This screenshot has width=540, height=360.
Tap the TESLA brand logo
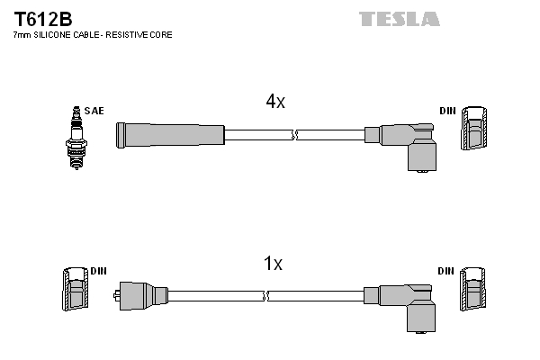pyautogui.click(x=399, y=18)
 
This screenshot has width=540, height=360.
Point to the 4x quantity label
pyautogui.click(x=274, y=102)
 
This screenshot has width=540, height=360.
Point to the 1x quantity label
pyautogui.click(x=272, y=264)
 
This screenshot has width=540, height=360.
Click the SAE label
pyautogui.click(x=94, y=111)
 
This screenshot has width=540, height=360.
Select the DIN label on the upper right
pyautogui.click(x=447, y=111)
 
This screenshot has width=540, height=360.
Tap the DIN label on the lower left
pyautogui.click(x=99, y=271)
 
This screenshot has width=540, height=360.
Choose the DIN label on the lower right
pyautogui.click(x=447, y=271)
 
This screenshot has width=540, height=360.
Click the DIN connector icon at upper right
pyautogui.click(x=474, y=130)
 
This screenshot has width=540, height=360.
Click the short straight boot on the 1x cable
pyautogui.click(x=144, y=294)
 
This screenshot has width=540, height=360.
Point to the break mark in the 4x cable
pyautogui.click(x=294, y=135)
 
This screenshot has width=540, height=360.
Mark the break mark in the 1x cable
pyautogui.click(x=265, y=295)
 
